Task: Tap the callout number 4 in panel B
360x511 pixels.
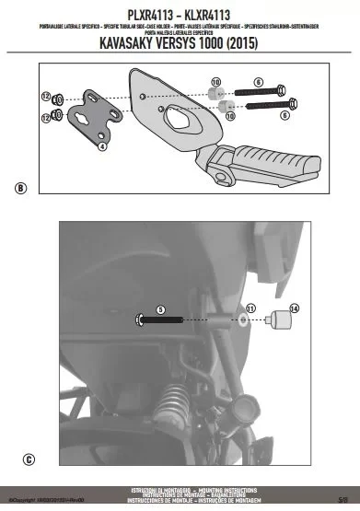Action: click(x=102, y=145)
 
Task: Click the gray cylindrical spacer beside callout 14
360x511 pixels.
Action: click(x=279, y=322)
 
